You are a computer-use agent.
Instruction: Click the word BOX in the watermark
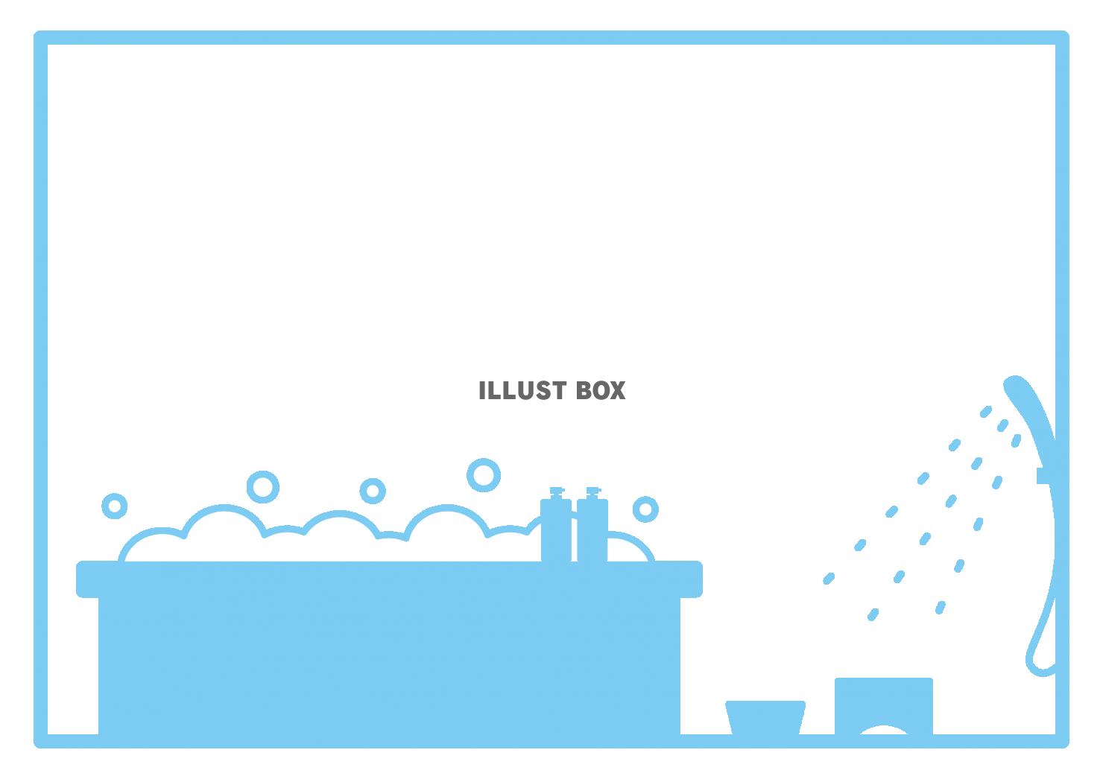(x=601, y=391)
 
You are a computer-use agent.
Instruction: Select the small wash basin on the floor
(x=765, y=716)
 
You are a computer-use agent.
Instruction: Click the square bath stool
(x=884, y=700)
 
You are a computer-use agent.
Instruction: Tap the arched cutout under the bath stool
(x=884, y=731)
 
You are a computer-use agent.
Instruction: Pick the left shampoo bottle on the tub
(x=556, y=530)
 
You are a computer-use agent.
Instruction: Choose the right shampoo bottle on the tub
(x=592, y=530)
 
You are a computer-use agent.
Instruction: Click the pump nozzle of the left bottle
(x=556, y=492)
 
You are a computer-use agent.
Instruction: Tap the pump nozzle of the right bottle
(x=592, y=492)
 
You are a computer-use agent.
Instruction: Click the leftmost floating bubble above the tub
(x=114, y=506)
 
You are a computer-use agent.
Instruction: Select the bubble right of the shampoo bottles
(x=645, y=509)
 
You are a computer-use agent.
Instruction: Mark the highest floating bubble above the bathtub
(x=484, y=474)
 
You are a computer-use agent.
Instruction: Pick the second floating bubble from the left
(x=262, y=486)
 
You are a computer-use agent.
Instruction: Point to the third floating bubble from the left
(x=373, y=490)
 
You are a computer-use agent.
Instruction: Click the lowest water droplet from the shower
(x=873, y=614)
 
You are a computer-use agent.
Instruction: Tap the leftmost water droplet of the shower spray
(x=829, y=578)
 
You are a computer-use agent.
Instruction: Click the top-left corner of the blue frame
(x=41, y=38)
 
